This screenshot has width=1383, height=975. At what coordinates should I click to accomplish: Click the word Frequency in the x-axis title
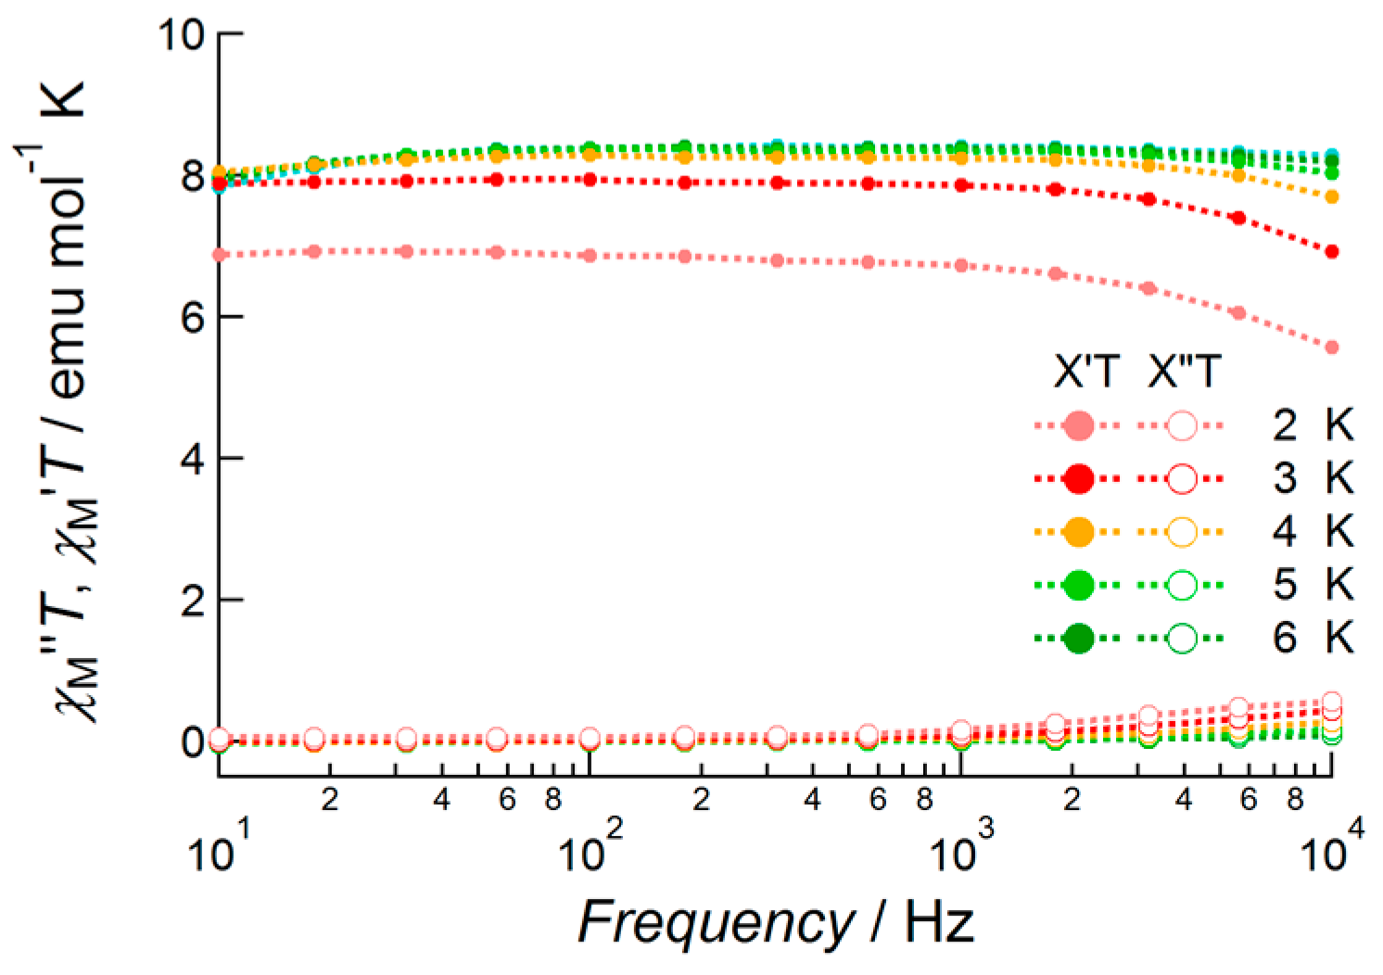[x=715, y=922]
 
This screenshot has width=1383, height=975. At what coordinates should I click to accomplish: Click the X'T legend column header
[x=1085, y=373]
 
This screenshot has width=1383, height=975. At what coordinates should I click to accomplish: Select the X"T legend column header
[x=1183, y=373]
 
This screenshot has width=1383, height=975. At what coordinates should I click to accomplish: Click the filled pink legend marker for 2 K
[x=1078, y=426]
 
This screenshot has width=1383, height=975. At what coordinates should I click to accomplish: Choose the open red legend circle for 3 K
[x=1182, y=479]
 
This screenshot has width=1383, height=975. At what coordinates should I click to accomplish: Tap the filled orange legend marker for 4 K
[x=1078, y=532]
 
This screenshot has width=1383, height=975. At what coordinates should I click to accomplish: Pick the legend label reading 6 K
[x=1313, y=638]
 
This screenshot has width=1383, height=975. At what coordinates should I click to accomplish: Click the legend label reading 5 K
[x=1313, y=585]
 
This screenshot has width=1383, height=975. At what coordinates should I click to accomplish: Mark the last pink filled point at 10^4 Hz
[x=1332, y=348]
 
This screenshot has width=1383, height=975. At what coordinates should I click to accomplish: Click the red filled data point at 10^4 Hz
[x=1332, y=252]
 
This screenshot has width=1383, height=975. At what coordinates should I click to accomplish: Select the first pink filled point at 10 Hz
[x=220, y=255]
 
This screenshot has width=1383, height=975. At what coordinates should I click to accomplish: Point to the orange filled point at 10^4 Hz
[x=1332, y=196]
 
